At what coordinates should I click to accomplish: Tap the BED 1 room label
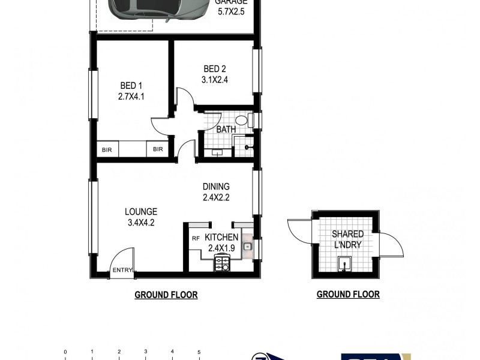pyautogui.click(x=130, y=86)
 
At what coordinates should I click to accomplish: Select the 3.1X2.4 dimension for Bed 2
pyautogui.click(x=214, y=78)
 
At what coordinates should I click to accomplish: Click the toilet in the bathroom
pyautogui.click(x=242, y=119)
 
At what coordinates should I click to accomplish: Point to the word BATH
pyautogui.click(x=226, y=129)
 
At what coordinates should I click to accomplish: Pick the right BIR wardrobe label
pyautogui.click(x=158, y=150)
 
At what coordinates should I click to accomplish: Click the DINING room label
pyautogui.click(x=216, y=187)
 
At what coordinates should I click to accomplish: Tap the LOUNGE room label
pyautogui.click(x=141, y=211)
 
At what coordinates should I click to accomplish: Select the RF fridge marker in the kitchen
pyautogui.click(x=196, y=238)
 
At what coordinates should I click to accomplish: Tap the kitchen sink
pyautogui.click(x=247, y=245)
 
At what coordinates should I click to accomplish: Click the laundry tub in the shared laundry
pyautogui.click(x=345, y=263)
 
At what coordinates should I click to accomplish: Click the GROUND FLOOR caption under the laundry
pyautogui.click(x=348, y=295)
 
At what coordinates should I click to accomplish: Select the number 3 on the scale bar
pyautogui.click(x=146, y=352)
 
